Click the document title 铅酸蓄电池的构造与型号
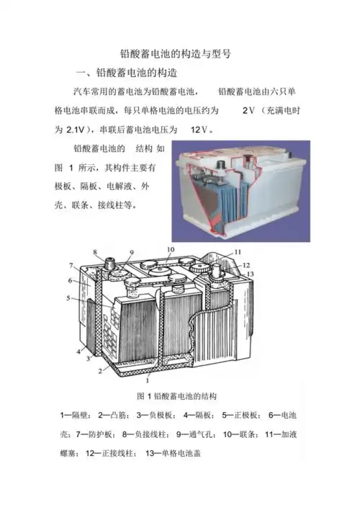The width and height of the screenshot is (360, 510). click(176, 53)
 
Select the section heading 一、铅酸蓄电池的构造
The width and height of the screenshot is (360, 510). click(127, 73)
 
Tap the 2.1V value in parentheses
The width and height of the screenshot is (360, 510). click(76, 130)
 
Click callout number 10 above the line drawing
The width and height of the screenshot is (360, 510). click(171, 249)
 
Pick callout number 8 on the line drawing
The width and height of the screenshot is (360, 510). click(95, 252)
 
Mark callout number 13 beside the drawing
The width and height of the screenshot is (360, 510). click(250, 274)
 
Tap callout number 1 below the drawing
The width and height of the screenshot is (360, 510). click(148, 380)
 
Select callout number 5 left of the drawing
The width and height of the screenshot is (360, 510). click(68, 298)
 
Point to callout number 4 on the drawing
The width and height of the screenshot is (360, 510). click(78, 352)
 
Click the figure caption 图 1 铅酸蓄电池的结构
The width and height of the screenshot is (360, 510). click(176, 396)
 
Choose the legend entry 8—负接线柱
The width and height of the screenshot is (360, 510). click(145, 434)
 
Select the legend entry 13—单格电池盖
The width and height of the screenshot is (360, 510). click(173, 453)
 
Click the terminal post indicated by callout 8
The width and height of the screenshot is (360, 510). click(110, 263)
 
